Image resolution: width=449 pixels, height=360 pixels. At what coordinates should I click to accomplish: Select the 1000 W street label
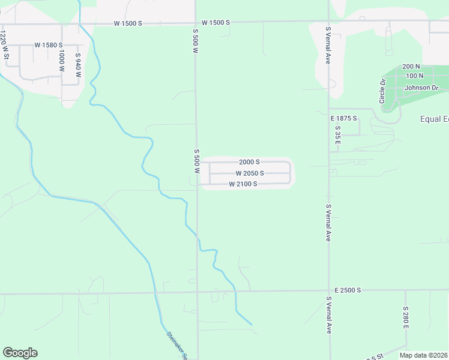click(61, 61)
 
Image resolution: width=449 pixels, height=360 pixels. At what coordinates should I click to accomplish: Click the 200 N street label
click(411, 67)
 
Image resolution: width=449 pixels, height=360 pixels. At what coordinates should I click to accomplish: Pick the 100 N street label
click(414, 76)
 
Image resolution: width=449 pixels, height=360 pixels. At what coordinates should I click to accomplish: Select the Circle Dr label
click(382, 90)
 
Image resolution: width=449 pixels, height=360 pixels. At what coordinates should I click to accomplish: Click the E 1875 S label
click(344, 118)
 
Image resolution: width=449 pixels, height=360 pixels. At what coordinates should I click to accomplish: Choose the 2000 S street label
click(249, 162)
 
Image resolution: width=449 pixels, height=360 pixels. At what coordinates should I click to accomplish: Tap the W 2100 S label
click(243, 184)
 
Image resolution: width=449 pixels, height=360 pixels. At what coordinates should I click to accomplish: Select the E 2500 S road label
click(345, 290)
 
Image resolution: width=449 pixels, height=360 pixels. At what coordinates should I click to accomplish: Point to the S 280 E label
click(406, 317)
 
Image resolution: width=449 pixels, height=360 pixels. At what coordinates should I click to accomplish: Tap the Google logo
click(20, 353)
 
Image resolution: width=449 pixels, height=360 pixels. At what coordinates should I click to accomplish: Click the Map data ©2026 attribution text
click(424, 355)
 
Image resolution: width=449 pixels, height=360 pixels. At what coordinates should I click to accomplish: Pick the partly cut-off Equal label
click(433, 119)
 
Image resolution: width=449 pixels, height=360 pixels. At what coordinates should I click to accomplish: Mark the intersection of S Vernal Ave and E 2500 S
click(329, 292)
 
